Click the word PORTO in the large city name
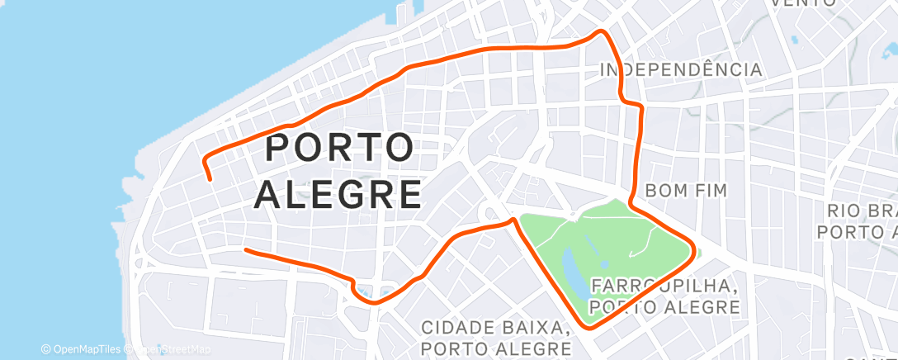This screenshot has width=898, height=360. [x=340, y=149]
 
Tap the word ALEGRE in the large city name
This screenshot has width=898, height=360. [x=338, y=196]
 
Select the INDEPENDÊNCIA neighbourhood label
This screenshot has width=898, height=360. [x=681, y=70]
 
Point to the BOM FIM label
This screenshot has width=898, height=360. [x=686, y=191]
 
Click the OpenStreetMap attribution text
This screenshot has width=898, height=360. [x=161, y=349]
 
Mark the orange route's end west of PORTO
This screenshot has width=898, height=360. [x=210, y=178]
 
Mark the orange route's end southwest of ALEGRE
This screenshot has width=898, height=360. [x=245, y=249]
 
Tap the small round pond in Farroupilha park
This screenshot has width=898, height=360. [x=605, y=263]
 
